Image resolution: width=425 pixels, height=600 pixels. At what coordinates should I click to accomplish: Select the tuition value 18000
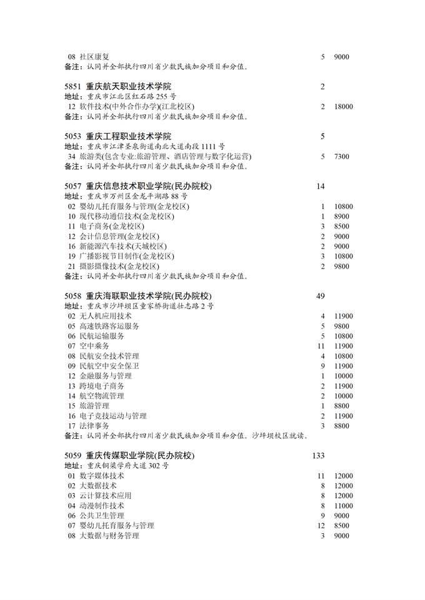[x=343, y=107]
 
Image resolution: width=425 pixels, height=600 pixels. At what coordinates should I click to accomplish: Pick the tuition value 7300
[x=341, y=157]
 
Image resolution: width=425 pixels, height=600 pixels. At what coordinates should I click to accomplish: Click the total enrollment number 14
[x=321, y=186]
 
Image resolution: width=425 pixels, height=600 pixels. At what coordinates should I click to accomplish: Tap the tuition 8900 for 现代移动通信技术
[x=341, y=217]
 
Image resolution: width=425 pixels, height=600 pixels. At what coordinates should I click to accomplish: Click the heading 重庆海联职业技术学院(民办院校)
[x=149, y=296]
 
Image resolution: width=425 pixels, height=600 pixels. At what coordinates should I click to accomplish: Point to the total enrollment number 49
[x=321, y=296]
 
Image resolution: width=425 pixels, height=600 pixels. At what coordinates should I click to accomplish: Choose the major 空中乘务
[x=94, y=346]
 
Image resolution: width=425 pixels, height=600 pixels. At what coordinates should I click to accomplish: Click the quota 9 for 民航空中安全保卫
[x=322, y=366]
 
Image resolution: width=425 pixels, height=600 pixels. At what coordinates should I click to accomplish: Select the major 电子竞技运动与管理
[x=113, y=416]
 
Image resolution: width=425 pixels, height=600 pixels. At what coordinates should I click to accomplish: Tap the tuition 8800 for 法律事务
[x=341, y=426]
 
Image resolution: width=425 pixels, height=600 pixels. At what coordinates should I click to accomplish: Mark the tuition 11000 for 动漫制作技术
[x=343, y=506]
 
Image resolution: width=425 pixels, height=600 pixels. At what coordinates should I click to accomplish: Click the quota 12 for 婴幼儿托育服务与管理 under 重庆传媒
[x=321, y=526]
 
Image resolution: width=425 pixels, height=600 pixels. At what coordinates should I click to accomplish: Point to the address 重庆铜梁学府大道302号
[x=127, y=466]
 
